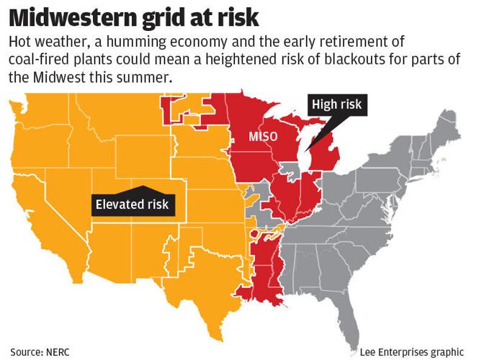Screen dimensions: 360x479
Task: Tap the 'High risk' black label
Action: (x=336, y=105)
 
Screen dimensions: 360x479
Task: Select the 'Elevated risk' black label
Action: (x=133, y=204)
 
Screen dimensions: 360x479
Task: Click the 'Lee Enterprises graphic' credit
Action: (x=412, y=351)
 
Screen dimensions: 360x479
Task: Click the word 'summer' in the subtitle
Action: (x=140, y=77)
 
